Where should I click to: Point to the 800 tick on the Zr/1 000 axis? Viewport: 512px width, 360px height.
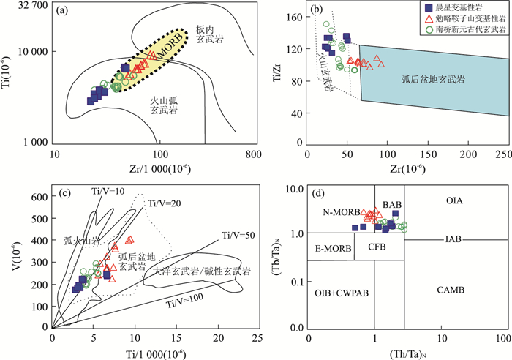(x=254, y=155)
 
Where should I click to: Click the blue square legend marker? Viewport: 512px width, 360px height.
(x=429, y=10)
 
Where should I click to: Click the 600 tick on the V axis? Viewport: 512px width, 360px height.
(x=37, y=198)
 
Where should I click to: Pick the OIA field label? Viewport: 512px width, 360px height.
(x=456, y=200)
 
